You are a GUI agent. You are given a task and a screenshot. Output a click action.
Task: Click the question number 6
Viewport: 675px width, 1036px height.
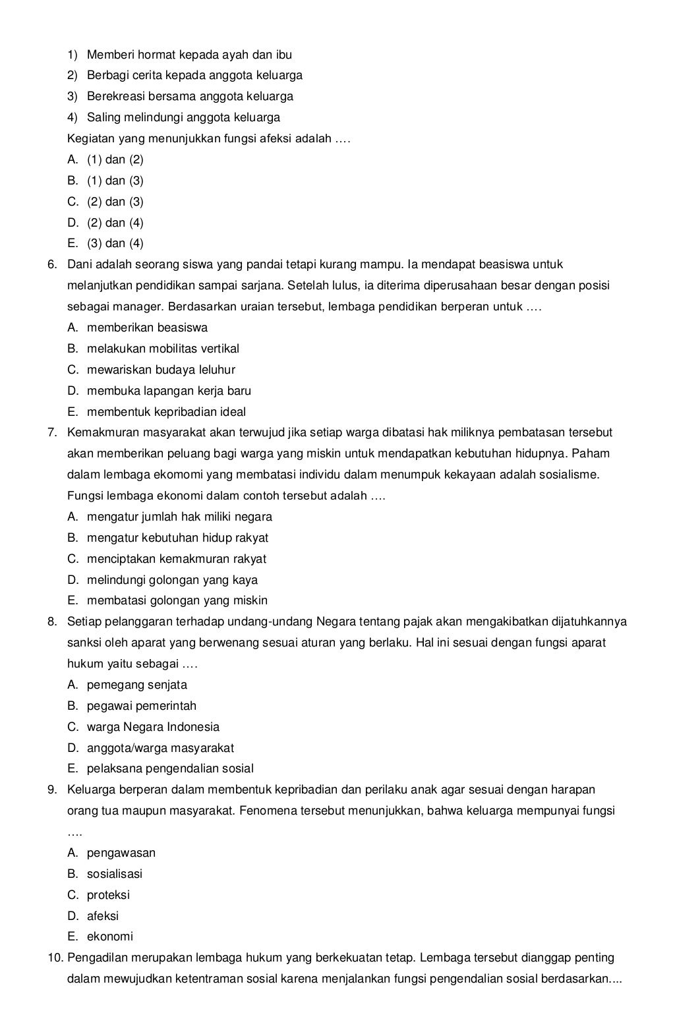pos(51,265)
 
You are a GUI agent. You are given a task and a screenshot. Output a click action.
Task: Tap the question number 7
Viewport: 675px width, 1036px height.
pos(51,433)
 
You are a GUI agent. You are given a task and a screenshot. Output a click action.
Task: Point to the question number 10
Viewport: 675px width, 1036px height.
pos(55,958)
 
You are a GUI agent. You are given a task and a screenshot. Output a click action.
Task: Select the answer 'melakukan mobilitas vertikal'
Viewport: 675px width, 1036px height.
pos(163,349)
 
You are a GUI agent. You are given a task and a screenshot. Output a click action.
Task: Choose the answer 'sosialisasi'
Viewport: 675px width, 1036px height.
pos(114,874)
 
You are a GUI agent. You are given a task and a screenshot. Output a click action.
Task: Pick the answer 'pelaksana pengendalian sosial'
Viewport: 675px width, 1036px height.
pos(170,768)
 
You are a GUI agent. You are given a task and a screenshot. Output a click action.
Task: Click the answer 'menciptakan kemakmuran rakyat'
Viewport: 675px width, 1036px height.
pos(176,559)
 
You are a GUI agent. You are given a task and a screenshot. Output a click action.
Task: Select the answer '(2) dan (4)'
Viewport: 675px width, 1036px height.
pos(115,223)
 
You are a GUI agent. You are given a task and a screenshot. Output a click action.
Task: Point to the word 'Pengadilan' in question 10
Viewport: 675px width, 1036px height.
pos(96,958)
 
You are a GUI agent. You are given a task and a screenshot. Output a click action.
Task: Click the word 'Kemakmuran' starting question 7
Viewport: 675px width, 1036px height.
pos(103,433)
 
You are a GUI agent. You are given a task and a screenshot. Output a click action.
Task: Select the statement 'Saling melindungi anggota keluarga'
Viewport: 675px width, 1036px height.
pos(183,117)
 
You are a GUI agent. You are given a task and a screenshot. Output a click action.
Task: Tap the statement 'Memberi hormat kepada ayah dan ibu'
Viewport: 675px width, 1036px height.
pos(189,55)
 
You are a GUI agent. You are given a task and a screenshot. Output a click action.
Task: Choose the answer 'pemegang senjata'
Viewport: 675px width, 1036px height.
pos(136,685)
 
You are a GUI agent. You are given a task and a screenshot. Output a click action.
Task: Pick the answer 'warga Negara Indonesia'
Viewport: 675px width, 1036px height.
pos(153,727)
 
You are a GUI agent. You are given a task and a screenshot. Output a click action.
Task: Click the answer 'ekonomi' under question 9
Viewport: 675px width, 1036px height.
pos(109,936)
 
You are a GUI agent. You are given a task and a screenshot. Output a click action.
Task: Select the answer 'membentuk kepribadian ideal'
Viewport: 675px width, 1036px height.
pos(166,412)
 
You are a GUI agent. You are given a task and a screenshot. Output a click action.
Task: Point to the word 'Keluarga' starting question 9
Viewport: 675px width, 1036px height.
pos(90,790)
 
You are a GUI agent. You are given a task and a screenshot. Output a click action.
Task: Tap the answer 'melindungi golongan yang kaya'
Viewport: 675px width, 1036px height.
pos(172,580)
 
